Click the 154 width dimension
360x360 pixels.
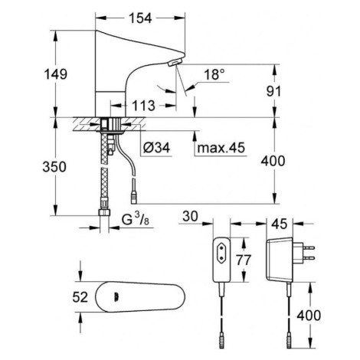pyautogui.click(x=140, y=18)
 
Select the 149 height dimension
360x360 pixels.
pyautogui.click(x=56, y=74)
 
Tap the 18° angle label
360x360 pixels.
pyautogui.click(x=214, y=74)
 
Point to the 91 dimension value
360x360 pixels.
pyautogui.click(x=273, y=91)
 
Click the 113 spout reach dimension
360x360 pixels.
pyautogui.click(x=143, y=106)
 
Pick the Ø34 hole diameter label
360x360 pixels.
pyautogui.click(x=156, y=147)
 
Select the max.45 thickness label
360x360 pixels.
pyautogui.click(x=221, y=147)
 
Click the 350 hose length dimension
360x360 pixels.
pyautogui.click(x=54, y=167)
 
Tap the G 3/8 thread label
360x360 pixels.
pyautogui.click(x=136, y=219)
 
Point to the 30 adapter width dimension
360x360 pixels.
pyautogui.click(x=190, y=216)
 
